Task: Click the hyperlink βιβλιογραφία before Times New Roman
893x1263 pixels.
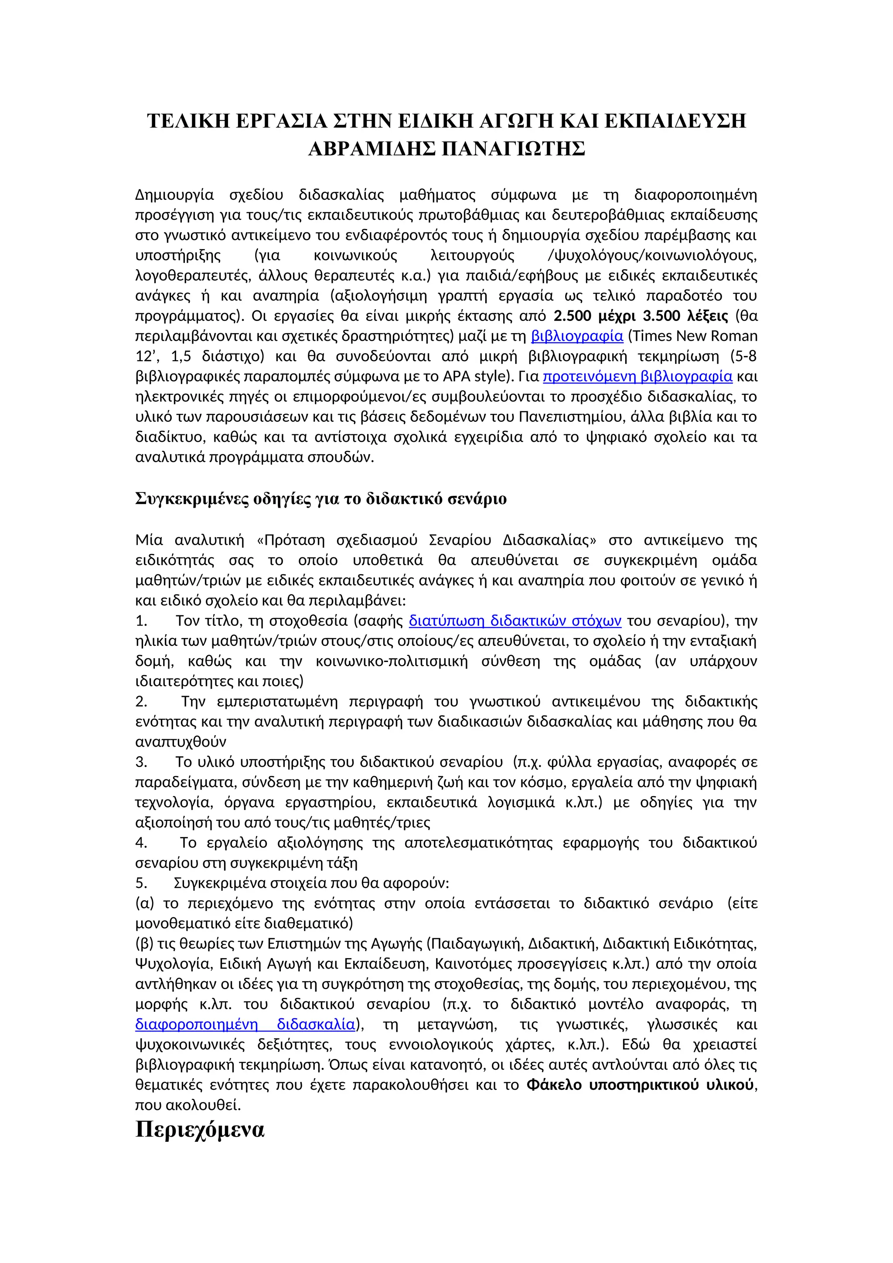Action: click(x=577, y=336)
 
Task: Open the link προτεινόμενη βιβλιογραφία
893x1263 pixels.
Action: click(x=637, y=376)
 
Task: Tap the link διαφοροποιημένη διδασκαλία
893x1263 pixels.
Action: click(x=245, y=1024)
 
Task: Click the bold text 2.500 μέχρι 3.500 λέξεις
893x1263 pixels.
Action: click(x=640, y=316)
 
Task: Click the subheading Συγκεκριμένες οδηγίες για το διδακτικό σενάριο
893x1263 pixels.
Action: click(x=320, y=499)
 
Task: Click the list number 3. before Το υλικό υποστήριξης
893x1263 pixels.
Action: click(x=141, y=762)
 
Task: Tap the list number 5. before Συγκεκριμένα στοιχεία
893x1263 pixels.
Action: click(x=141, y=883)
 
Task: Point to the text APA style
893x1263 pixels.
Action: click(x=477, y=376)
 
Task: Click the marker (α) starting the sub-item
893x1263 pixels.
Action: click(x=145, y=903)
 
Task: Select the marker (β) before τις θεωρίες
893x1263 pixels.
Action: click(x=145, y=944)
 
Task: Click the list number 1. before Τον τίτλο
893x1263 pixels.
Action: click(x=141, y=621)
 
